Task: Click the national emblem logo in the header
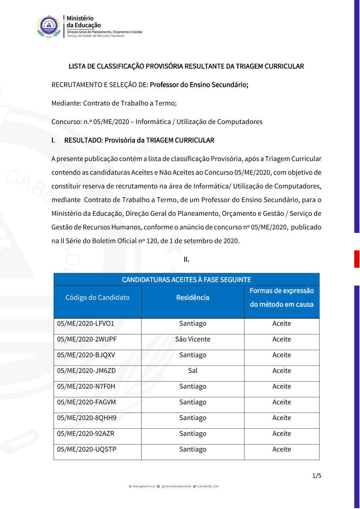(x=49, y=26)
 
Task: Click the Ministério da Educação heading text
(x=84, y=22)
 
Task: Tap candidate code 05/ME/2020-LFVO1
(x=86, y=324)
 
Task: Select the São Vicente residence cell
(x=193, y=339)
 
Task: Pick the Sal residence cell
(x=193, y=371)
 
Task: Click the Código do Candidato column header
(x=98, y=298)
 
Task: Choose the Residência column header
(x=193, y=298)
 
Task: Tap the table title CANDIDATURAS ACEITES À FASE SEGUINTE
(x=186, y=280)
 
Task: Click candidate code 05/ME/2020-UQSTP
(x=87, y=449)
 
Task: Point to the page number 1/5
(x=317, y=476)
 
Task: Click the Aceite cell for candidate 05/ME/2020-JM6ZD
(x=282, y=371)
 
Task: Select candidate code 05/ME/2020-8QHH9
(x=87, y=418)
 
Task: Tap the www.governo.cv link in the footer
(x=144, y=486)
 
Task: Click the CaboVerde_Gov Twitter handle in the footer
(x=208, y=486)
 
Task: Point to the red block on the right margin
(x=357, y=259)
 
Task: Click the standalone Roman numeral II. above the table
(x=186, y=260)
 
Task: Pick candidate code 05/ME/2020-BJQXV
(x=86, y=355)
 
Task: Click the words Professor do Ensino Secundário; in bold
(x=199, y=85)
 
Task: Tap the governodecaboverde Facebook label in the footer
(x=176, y=486)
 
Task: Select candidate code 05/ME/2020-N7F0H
(x=86, y=387)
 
